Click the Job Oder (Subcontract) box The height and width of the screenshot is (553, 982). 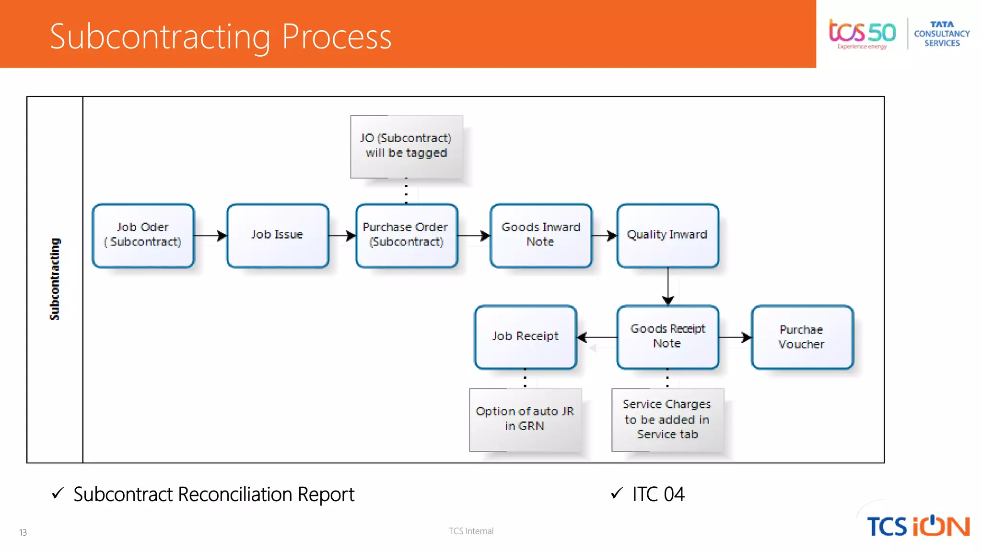[x=143, y=235]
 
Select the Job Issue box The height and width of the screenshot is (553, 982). [x=277, y=235]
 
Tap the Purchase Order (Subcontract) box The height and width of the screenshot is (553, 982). [x=406, y=235]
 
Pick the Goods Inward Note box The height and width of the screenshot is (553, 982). [x=540, y=235]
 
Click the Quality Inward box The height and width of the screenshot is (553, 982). [x=667, y=235]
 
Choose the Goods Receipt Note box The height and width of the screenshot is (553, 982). [x=667, y=337]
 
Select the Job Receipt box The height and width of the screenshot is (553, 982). [x=525, y=337]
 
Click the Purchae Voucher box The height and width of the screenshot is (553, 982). [x=802, y=337]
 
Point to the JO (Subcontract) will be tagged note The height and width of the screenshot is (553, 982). [x=406, y=146]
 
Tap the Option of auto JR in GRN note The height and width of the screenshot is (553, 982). [x=525, y=419]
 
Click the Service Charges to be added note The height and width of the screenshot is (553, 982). [x=667, y=419]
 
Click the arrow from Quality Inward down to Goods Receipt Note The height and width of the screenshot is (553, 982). [x=668, y=286]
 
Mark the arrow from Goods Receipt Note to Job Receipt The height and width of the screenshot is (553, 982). [x=597, y=337]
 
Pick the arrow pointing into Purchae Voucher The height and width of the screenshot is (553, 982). [x=735, y=337]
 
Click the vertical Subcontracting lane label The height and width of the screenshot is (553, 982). [x=55, y=279]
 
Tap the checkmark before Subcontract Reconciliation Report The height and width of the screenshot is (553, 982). [x=58, y=493]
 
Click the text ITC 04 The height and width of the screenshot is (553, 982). [x=658, y=494]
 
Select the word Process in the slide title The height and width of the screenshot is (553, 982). [x=336, y=36]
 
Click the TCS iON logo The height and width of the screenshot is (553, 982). [x=918, y=526]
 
